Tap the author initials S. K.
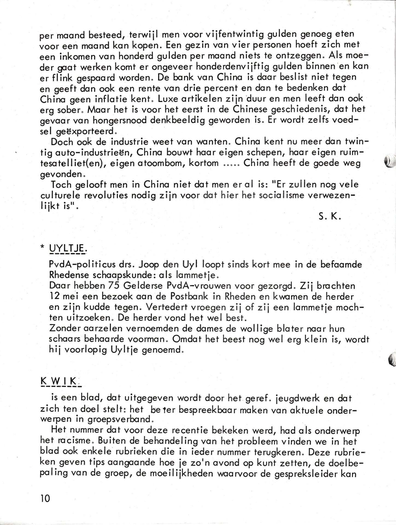[329, 217]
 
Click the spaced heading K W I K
[60, 381]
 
